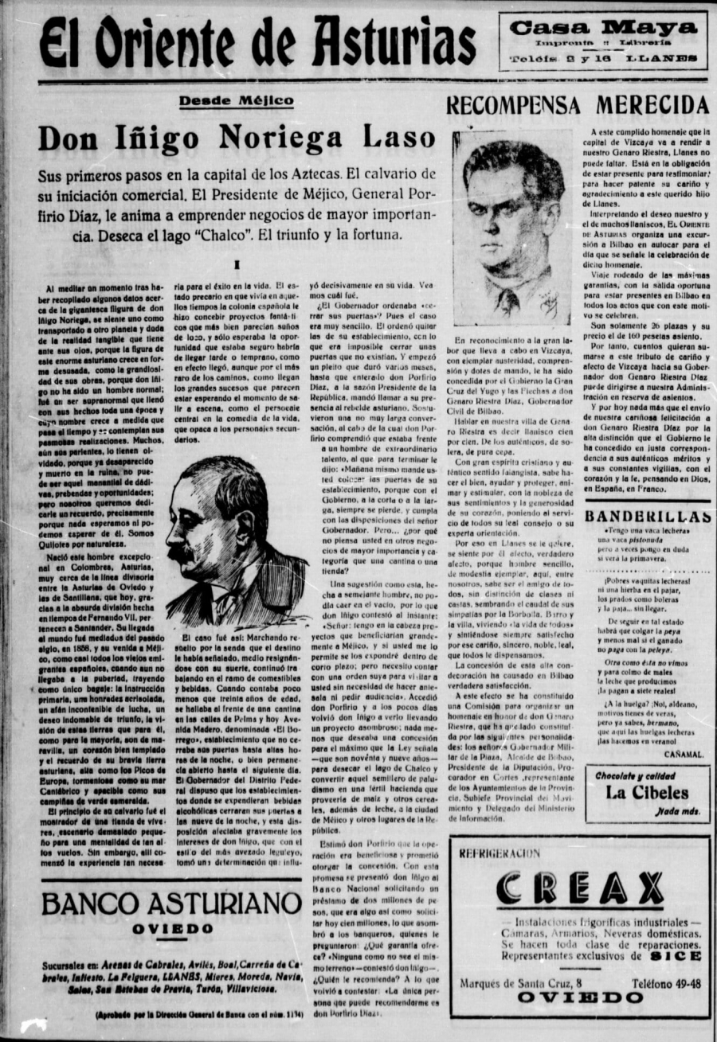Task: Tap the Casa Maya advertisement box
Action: click(x=603, y=41)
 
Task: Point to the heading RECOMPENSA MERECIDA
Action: click(x=577, y=105)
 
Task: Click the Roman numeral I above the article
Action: click(x=237, y=265)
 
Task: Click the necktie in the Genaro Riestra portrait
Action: click(x=507, y=301)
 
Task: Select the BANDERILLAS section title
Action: click(x=646, y=516)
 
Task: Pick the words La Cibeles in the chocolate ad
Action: click(x=646, y=792)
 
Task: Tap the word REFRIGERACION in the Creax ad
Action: click(x=500, y=853)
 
